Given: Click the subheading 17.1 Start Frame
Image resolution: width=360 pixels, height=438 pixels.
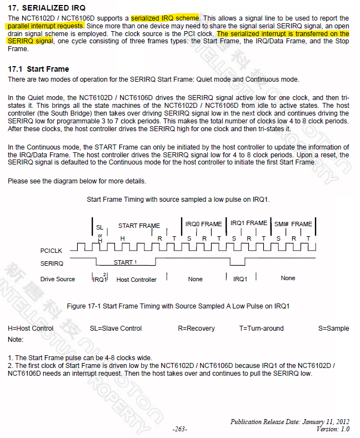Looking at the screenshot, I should coord(38,69).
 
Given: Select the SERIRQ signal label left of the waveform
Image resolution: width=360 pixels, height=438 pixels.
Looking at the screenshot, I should coord(52,263).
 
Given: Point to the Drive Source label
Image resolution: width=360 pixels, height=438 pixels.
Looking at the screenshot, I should coord(58,279).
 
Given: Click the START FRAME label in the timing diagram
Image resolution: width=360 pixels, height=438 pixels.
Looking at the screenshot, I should coord(139,226).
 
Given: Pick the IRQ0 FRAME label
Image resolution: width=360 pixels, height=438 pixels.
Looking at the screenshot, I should coord(203,224).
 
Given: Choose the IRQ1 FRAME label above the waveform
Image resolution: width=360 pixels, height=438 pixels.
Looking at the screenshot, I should coord(248,223).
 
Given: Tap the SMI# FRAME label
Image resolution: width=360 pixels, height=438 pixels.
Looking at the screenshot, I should coord(293,224).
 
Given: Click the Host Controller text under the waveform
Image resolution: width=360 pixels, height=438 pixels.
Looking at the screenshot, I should coord(137,280).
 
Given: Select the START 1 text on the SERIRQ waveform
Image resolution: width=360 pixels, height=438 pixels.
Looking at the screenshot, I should coord(125,262).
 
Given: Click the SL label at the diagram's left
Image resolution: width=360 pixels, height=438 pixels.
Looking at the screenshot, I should coord(99,227).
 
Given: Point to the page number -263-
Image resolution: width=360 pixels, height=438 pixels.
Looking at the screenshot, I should coord(179,429).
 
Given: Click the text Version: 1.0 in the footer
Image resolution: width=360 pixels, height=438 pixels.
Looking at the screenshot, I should coord(333,429).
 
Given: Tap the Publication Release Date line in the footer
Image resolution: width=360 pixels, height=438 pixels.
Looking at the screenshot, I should coord(290,422).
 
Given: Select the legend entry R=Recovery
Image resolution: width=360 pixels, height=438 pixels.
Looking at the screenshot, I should coord(196,328).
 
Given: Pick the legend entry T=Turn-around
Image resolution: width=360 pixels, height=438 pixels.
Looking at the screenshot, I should coord(261,328).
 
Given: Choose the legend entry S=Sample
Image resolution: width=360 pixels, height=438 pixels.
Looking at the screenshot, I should coord(333,328).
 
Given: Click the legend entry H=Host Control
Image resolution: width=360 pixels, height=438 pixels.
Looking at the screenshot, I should coord(31,328).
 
